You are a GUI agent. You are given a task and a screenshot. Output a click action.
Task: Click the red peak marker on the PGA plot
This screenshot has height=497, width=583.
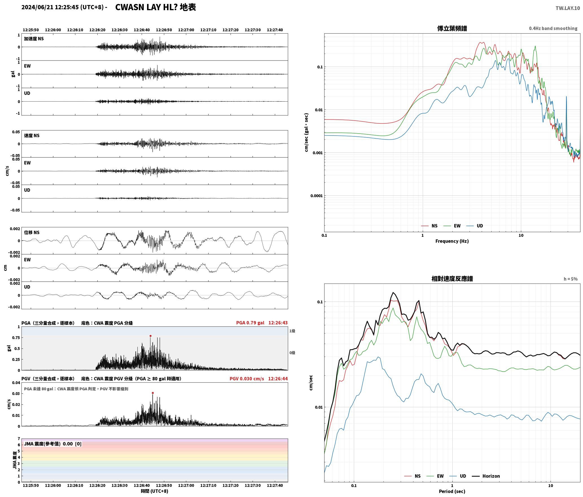pyautogui.click(x=150, y=336)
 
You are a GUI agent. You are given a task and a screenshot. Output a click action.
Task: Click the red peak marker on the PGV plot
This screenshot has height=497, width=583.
pyautogui.click(x=153, y=393)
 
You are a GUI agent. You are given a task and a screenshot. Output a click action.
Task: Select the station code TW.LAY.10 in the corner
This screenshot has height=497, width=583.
pyautogui.click(x=568, y=8)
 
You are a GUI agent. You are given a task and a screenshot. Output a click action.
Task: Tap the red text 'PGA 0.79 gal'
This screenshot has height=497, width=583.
pyautogui.click(x=250, y=323)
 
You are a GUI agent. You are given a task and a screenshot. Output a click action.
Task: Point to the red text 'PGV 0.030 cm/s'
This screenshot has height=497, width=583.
pyautogui.click(x=247, y=379)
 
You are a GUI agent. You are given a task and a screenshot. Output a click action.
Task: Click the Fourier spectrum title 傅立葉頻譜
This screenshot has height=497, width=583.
pyautogui.click(x=452, y=28)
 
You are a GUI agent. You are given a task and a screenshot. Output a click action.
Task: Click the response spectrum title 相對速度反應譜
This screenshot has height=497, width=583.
pyautogui.click(x=452, y=279)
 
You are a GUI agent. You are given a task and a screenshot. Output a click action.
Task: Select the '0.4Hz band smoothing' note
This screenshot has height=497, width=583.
pyautogui.click(x=553, y=29)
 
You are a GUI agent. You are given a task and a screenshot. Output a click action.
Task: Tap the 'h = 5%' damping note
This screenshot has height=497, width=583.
pyautogui.click(x=571, y=279)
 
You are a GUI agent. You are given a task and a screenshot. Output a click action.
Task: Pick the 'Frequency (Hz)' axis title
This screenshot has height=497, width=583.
pyautogui.click(x=452, y=241)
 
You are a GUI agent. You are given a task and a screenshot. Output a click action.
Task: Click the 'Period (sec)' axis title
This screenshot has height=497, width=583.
pyautogui.click(x=452, y=491)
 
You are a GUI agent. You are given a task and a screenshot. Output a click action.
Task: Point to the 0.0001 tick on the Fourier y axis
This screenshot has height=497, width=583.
pyautogui.click(x=316, y=196)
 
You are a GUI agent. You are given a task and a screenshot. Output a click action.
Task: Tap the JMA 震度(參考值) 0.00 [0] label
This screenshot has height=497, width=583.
pyautogui.click(x=53, y=444)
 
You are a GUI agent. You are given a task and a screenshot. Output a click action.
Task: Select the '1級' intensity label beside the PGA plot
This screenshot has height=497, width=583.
pyautogui.click(x=292, y=331)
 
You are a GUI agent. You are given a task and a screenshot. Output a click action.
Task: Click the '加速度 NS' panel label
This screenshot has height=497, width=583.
pyautogui.click(x=34, y=39)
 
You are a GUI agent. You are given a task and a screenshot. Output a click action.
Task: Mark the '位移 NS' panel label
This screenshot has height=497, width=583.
pyautogui.click(x=32, y=232)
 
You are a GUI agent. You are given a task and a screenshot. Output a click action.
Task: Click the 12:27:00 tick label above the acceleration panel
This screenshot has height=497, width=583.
pyautogui.click(x=186, y=30)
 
